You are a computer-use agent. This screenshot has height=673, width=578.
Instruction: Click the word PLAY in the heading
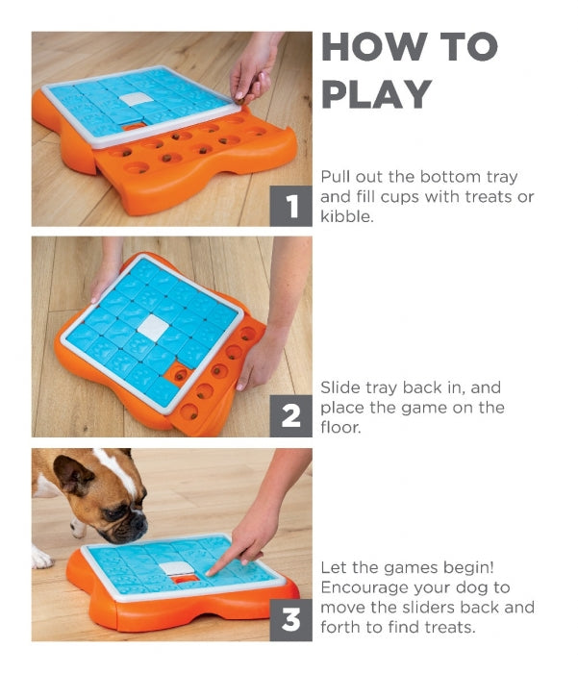pos(378,94)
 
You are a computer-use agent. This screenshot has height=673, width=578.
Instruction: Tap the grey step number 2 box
pos(290,415)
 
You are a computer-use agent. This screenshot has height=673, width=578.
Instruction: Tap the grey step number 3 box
pos(290,620)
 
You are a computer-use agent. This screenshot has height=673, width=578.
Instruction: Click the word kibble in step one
pos(346,217)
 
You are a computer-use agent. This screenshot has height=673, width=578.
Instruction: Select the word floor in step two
pos(341,429)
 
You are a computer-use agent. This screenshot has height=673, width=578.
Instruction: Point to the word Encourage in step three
pos(368,588)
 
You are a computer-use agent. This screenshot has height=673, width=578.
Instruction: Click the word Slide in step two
pos(338,388)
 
